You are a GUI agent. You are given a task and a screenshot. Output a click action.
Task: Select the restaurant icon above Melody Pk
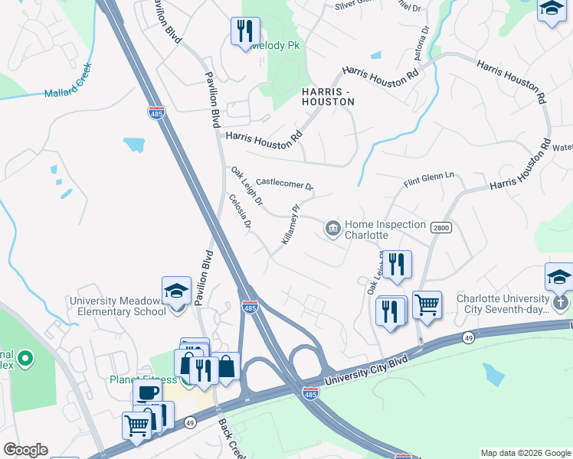pos(242,31)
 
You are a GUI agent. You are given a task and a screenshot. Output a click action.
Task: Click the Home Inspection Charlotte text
pos(385,229)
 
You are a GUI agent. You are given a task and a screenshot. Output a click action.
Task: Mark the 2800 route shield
pos(440,228)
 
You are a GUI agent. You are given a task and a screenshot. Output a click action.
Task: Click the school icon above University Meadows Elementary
pos(176,291)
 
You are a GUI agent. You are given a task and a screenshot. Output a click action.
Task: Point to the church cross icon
pos(561,302)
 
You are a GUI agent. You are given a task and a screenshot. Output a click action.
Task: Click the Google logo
pos(25,450)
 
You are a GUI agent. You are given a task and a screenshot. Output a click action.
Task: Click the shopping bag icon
pos(227,368)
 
